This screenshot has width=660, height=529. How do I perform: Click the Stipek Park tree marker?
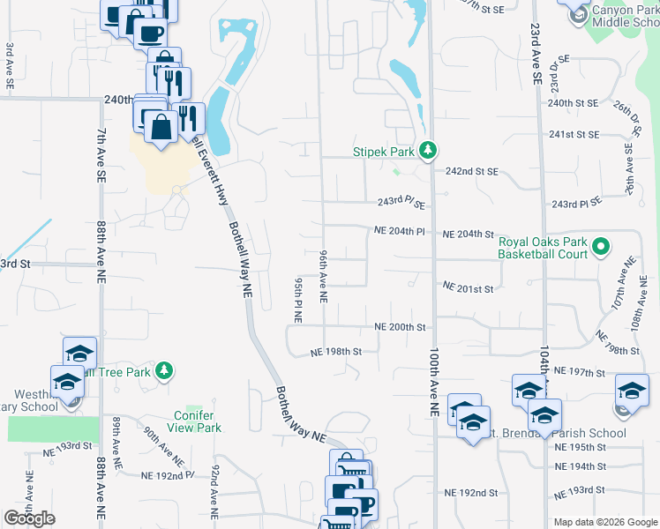[x=428, y=151]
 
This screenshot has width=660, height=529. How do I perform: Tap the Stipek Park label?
[x=384, y=152]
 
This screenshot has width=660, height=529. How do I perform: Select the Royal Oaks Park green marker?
[x=601, y=247]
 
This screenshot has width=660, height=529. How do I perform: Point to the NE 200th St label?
[x=401, y=327]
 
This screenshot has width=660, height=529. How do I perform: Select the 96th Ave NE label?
[x=323, y=276]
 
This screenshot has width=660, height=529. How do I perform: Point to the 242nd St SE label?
[x=472, y=171]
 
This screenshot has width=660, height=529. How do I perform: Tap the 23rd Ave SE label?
[x=536, y=54]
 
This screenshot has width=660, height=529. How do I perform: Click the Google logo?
[x=29, y=518]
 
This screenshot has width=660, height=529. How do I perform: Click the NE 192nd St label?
[x=471, y=492]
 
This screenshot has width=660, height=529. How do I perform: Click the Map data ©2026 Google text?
[x=605, y=522]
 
